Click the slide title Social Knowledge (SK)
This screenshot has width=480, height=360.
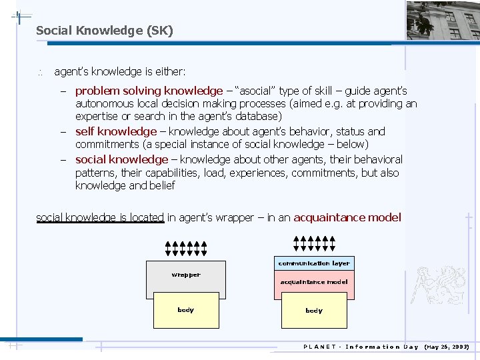point(104,31)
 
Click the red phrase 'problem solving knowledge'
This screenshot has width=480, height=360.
point(149,91)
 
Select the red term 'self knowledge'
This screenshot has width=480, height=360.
point(115,132)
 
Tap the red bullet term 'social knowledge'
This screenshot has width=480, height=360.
point(121,160)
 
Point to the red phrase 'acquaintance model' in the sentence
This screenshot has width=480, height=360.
point(347,217)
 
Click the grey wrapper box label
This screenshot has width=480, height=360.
point(185,275)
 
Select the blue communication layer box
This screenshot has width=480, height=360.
point(314,263)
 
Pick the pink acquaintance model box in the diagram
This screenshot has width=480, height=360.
point(314,282)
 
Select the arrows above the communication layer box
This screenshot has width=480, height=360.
point(314,243)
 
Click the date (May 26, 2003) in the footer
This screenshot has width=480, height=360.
point(446,347)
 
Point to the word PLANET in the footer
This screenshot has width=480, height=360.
point(319,347)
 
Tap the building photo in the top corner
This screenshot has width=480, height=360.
point(443,21)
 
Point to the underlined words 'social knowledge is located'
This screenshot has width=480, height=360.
point(100,217)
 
